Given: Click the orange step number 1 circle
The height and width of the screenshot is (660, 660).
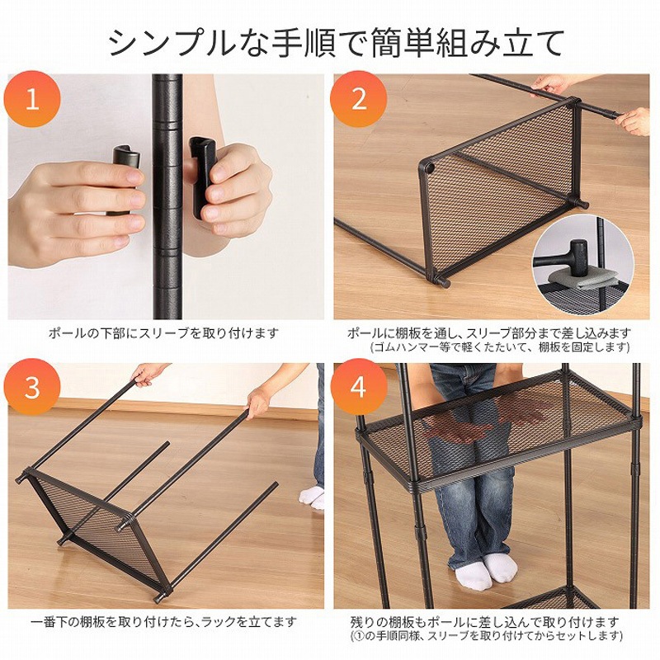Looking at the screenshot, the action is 32,99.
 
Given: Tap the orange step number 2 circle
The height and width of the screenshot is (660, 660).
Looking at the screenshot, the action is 359,99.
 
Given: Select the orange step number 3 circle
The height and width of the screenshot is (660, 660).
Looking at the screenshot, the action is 32,387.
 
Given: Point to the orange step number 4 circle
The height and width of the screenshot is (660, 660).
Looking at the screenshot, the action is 359,387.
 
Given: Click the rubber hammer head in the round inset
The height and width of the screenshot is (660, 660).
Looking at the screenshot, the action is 578,254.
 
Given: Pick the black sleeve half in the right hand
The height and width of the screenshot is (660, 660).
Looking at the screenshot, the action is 201,176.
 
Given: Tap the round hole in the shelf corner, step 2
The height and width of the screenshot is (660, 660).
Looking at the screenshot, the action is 430,168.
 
